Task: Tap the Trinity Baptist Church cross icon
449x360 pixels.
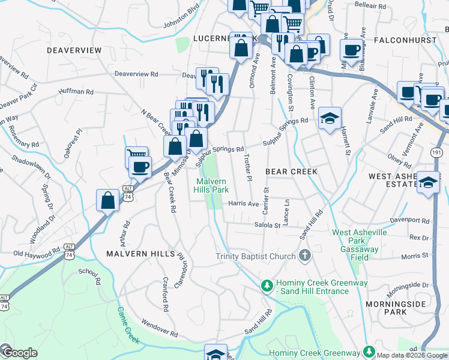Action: pyautogui.click(x=305, y=256)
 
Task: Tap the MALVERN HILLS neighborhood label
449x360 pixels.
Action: pyautogui.click(x=140, y=254)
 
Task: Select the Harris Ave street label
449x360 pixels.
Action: pyautogui.click(x=243, y=204)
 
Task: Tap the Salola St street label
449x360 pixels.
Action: pyautogui.click(x=268, y=226)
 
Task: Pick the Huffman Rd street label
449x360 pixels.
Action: pyautogui.click(x=76, y=92)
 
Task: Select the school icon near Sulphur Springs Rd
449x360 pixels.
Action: pyautogui.click(x=330, y=119)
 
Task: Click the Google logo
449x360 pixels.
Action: pyautogui.click(x=19, y=352)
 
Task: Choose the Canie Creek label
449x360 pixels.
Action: pyautogui.click(x=128, y=326)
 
